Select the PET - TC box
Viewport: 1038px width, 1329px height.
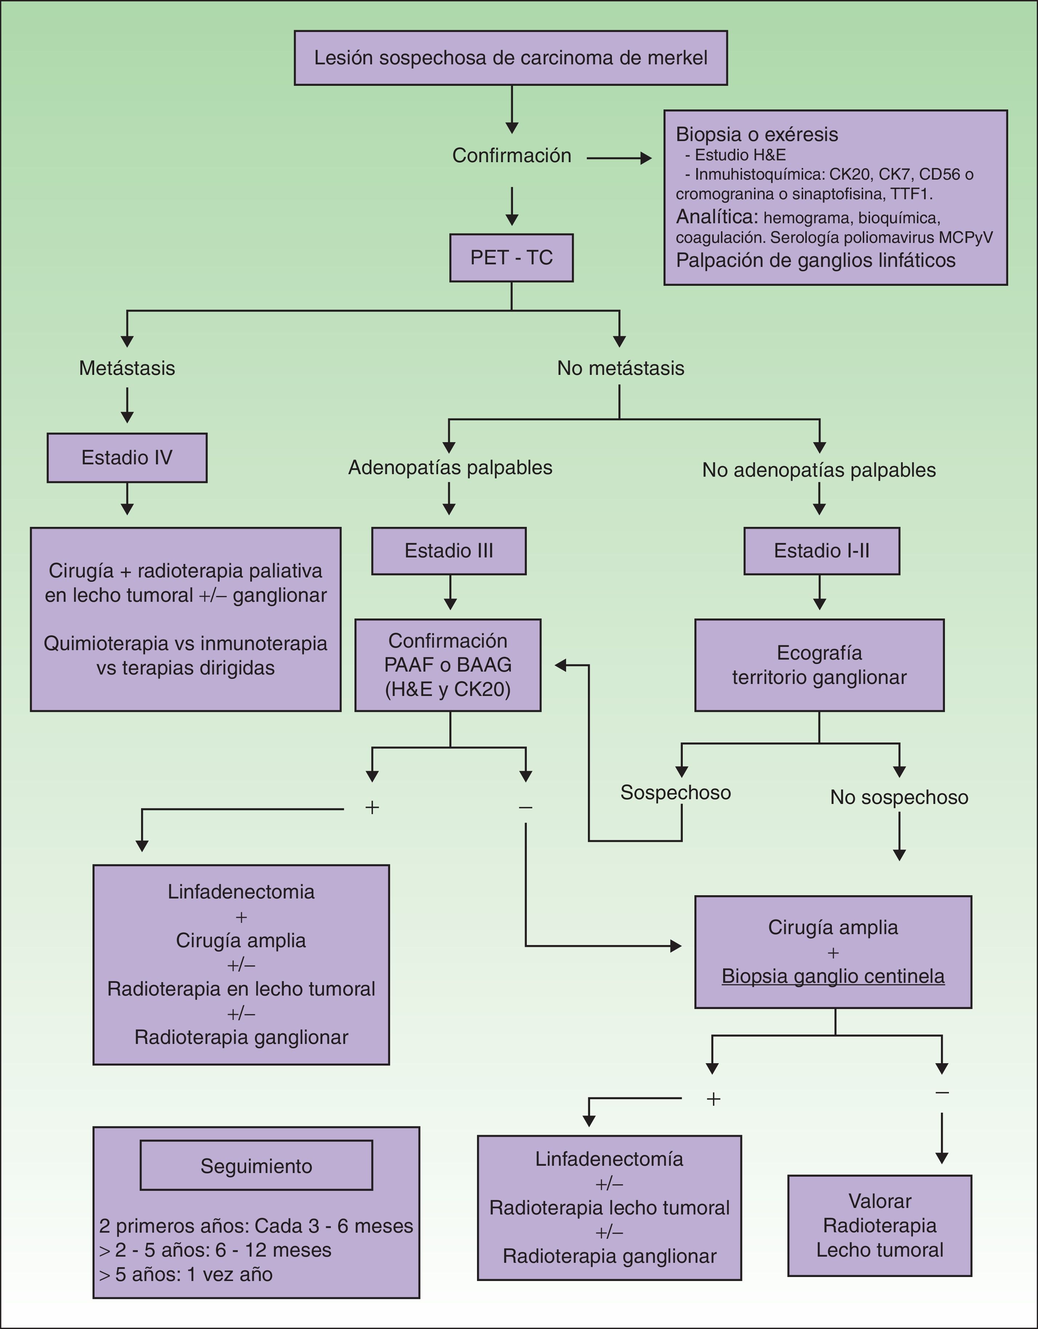(x=511, y=257)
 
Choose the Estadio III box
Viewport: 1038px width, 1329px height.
(x=448, y=551)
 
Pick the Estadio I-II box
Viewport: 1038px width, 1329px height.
(x=821, y=551)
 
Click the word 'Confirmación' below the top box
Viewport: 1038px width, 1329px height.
(x=511, y=156)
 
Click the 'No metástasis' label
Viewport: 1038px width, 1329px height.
(x=621, y=368)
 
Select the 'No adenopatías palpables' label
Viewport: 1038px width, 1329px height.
(x=819, y=470)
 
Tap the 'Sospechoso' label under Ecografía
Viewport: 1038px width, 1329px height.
(x=676, y=792)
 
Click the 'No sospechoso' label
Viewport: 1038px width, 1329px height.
(x=899, y=797)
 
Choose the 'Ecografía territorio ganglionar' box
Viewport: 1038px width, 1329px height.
(x=819, y=665)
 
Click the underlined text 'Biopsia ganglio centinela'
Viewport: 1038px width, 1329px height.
(x=833, y=976)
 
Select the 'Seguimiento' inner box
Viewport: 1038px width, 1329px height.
(x=256, y=1166)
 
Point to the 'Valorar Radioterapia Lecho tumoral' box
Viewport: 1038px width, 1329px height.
(x=880, y=1225)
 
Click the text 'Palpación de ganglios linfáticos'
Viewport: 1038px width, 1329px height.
(x=815, y=260)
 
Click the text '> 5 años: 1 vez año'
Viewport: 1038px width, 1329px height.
(x=185, y=1274)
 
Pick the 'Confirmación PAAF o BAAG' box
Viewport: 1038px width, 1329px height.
(x=448, y=665)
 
